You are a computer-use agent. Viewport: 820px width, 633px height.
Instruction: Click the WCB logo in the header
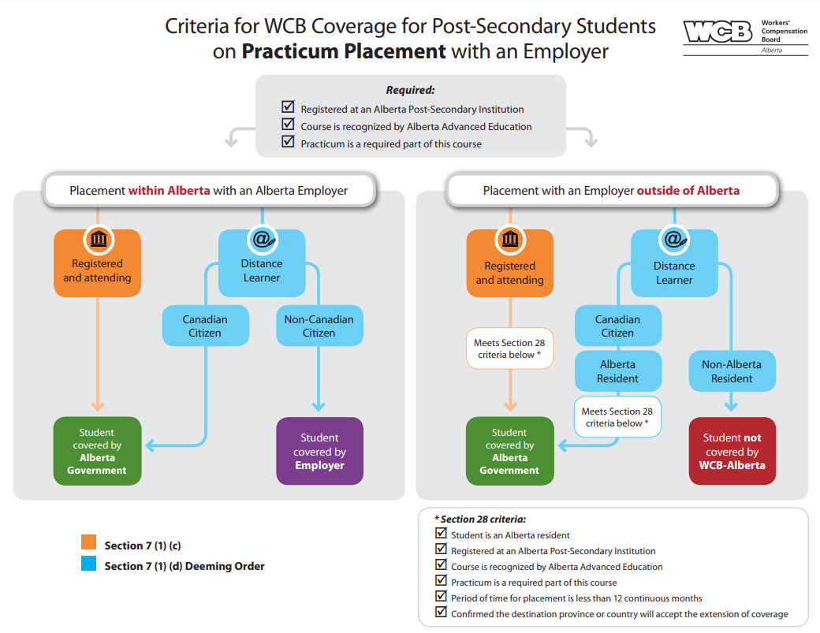click(x=717, y=32)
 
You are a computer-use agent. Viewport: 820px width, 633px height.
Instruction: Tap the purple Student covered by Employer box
click(x=319, y=452)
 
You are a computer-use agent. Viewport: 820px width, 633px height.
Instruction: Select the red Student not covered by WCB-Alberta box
click(x=732, y=452)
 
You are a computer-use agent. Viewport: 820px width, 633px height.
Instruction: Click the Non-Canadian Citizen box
click(x=319, y=326)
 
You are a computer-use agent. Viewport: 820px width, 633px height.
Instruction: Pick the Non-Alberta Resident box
click(x=731, y=371)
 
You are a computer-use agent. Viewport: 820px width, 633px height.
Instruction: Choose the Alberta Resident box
click(x=617, y=371)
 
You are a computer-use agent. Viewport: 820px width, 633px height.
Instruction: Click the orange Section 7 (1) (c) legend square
click(x=89, y=543)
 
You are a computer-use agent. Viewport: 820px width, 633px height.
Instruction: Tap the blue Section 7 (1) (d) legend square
click(x=89, y=564)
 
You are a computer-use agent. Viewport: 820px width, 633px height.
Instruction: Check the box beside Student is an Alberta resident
click(x=441, y=534)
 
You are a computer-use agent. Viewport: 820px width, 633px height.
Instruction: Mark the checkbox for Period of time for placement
click(x=441, y=597)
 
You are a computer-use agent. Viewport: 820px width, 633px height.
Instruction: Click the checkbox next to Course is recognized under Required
click(x=288, y=125)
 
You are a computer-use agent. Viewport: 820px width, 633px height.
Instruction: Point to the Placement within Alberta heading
click(x=208, y=191)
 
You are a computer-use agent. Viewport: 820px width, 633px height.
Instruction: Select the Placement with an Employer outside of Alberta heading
click(x=611, y=191)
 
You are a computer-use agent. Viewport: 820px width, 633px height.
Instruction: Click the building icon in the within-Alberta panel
click(x=98, y=239)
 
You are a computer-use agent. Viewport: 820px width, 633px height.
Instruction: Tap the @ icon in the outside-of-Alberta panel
click(x=674, y=239)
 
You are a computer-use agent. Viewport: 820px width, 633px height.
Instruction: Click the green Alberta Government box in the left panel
click(x=97, y=452)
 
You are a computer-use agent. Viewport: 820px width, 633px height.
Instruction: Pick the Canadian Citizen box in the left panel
click(x=205, y=326)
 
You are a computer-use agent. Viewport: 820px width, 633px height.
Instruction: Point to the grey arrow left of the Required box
click(x=231, y=138)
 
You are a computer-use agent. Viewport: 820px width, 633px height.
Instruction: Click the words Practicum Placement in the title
click(x=344, y=52)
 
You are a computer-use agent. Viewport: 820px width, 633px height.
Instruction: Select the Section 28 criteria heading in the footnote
click(x=480, y=519)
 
